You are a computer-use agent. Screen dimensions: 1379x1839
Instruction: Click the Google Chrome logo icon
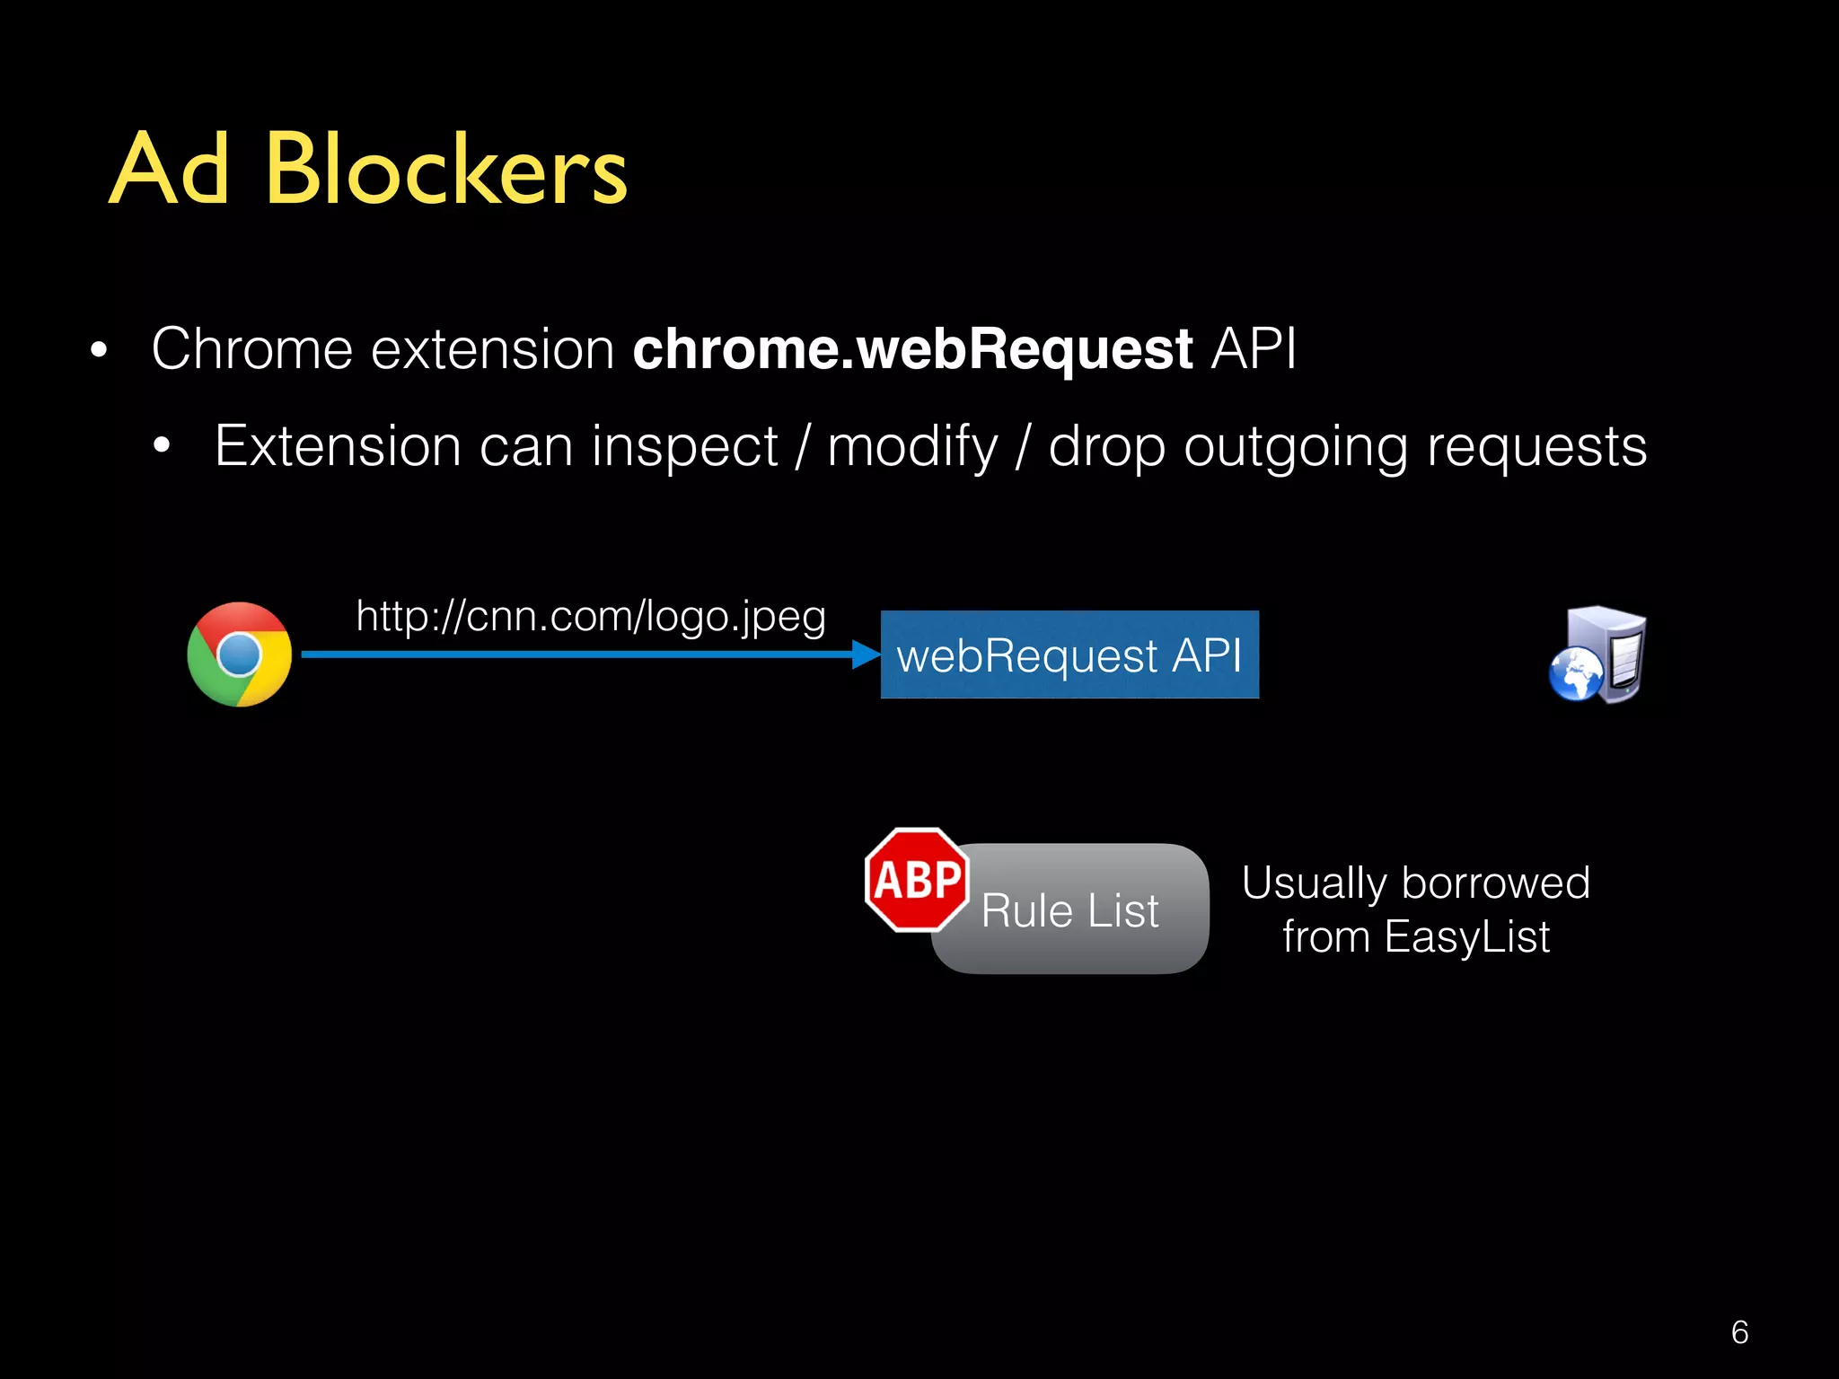coord(239,654)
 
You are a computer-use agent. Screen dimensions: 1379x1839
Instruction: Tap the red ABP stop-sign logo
coord(917,880)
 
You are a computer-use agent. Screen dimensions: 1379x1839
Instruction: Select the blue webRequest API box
coord(1069,654)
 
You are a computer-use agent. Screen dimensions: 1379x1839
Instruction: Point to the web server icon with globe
coord(1598,655)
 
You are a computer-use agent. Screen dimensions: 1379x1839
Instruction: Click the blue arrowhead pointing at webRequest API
coord(866,654)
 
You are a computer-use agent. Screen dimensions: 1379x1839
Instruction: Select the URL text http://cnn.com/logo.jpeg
coord(590,617)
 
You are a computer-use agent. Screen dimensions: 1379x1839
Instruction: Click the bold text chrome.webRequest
coord(912,348)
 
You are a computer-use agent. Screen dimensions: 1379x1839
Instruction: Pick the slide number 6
coord(1739,1332)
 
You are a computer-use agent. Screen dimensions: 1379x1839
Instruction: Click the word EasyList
coord(1467,937)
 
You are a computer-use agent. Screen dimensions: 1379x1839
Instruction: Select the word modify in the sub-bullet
coord(912,447)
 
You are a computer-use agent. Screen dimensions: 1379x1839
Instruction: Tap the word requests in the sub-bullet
coord(1537,447)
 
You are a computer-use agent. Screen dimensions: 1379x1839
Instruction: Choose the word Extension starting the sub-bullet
coord(338,445)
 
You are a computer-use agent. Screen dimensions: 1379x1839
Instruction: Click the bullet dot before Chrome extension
coord(99,351)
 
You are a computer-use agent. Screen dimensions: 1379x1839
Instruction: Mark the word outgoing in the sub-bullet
coord(1296,447)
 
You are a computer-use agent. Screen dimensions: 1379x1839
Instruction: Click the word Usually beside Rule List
coord(1314,883)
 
